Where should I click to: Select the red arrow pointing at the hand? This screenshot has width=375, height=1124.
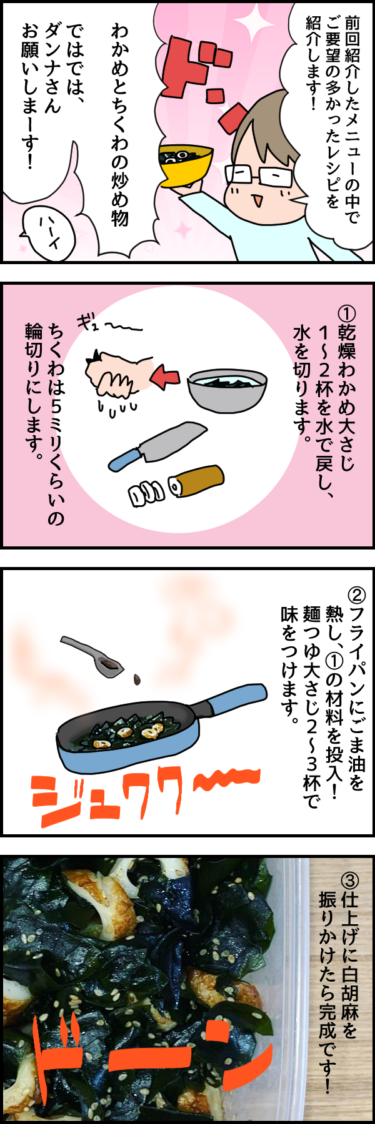(166, 377)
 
